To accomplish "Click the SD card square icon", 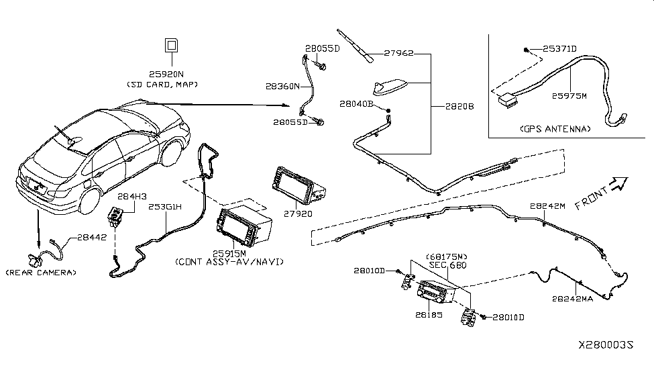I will pyautogui.click(x=171, y=46).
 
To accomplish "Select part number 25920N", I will pyautogui.click(x=172, y=75).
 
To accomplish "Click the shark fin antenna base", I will pyautogui.click(x=388, y=87).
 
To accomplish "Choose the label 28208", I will pyautogui.click(x=458, y=107).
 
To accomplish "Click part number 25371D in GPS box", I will pyautogui.click(x=559, y=49).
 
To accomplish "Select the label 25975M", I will pyautogui.click(x=569, y=96).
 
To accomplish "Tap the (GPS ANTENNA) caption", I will pyautogui.click(x=553, y=128).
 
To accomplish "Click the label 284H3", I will pyautogui.click(x=131, y=196).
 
